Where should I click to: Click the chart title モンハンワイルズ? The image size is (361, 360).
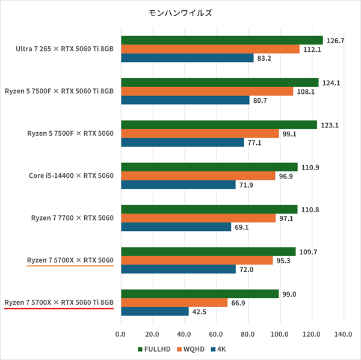[180, 12]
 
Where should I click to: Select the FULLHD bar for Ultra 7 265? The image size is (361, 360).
[221, 40]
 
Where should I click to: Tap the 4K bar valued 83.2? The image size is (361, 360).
[187, 58]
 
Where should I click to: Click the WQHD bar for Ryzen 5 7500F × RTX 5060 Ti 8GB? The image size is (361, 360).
[207, 91]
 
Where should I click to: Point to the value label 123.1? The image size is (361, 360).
[330, 125]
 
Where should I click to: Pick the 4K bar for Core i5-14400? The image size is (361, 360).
[178, 185]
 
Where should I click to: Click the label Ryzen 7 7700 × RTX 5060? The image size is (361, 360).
[72, 218]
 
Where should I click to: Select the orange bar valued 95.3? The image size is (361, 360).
[196, 260]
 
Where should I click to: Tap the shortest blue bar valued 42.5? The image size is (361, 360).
[155, 311]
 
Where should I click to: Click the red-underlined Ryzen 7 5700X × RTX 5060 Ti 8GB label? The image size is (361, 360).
[59, 302]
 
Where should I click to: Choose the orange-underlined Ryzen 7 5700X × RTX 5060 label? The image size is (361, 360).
[70, 260]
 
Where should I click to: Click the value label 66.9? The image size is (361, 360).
[239, 302]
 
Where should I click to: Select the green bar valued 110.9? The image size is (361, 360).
[209, 166]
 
